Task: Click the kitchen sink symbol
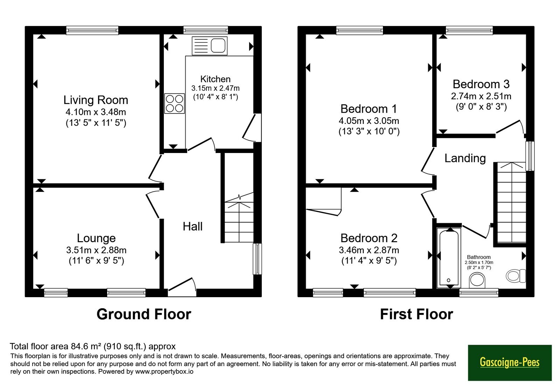point(210,46)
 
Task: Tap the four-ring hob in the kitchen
point(174,104)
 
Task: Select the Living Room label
point(96,100)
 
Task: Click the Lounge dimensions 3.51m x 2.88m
point(96,250)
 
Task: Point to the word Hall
point(192,226)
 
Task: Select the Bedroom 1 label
point(369,109)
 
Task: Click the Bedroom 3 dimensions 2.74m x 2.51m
point(481,96)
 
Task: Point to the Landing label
point(465,158)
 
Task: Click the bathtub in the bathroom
point(449,258)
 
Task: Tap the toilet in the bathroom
point(516,276)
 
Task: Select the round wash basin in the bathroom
point(477,280)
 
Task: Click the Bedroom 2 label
point(369,238)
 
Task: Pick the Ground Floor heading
point(144,314)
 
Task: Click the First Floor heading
point(416,314)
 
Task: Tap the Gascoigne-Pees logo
point(510,363)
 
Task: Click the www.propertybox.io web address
point(164,371)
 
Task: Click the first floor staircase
point(511,203)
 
